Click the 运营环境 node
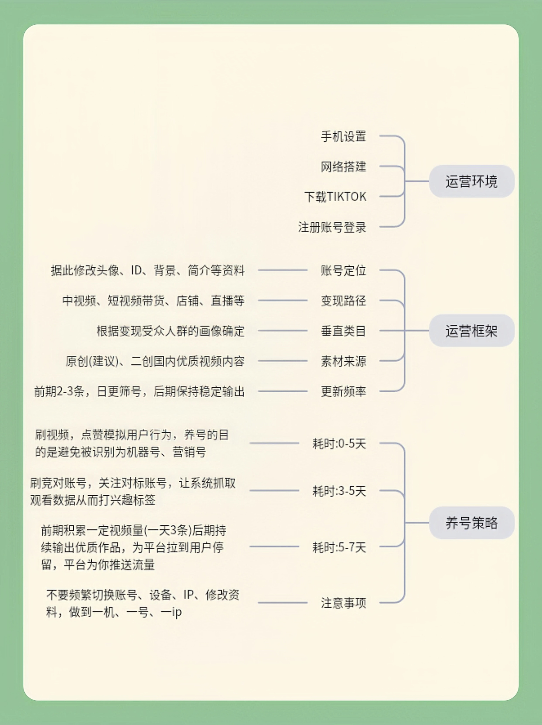pyautogui.click(x=472, y=181)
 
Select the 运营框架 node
pyautogui.click(x=472, y=331)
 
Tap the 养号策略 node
pyautogui.click(x=472, y=523)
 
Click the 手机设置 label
pyautogui.click(x=343, y=136)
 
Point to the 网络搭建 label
pyautogui.click(x=343, y=167)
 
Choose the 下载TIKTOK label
pyautogui.click(x=335, y=197)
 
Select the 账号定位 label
pyautogui.click(x=343, y=270)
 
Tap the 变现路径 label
pyautogui.click(x=343, y=301)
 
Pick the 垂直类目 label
pyautogui.click(x=343, y=331)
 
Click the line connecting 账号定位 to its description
pyautogui.click(x=283, y=270)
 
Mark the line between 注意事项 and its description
pyautogui.click(x=283, y=602)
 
